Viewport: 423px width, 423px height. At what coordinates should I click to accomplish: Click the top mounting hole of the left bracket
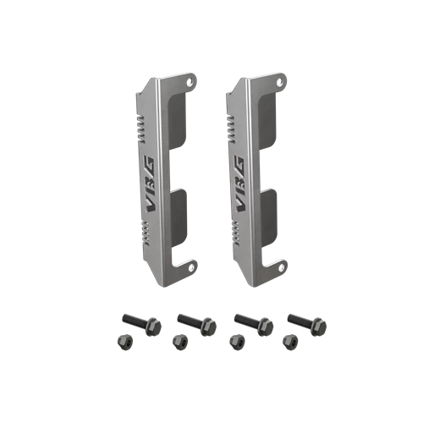tap(191, 81)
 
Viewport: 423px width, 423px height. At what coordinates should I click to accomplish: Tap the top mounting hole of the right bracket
tap(279, 82)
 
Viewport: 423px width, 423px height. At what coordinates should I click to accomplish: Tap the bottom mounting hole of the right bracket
tap(281, 266)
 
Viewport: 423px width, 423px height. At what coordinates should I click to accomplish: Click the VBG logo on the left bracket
tap(148, 184)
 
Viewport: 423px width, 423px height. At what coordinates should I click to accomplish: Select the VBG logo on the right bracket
tap(238, 184)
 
